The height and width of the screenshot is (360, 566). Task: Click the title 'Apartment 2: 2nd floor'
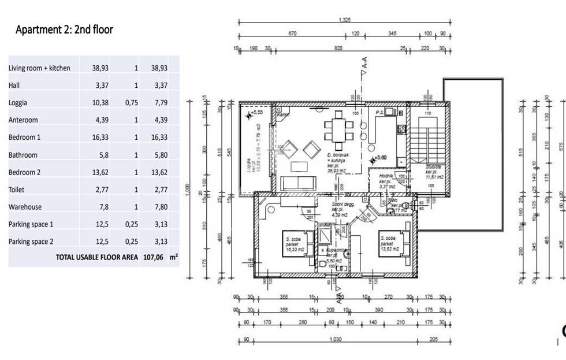pos(64,29)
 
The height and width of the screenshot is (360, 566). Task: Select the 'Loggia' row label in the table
pos(18,103)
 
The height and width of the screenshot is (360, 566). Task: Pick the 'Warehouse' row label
pos(25,207)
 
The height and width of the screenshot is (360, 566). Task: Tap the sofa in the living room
pos(297,184)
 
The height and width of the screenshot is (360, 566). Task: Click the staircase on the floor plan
pos(427,144)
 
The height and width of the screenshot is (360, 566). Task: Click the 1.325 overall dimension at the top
pos(344,20)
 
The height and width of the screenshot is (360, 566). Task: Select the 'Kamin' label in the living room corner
pos(282,115)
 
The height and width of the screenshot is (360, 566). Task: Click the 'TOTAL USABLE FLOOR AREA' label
pos(96,258)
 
